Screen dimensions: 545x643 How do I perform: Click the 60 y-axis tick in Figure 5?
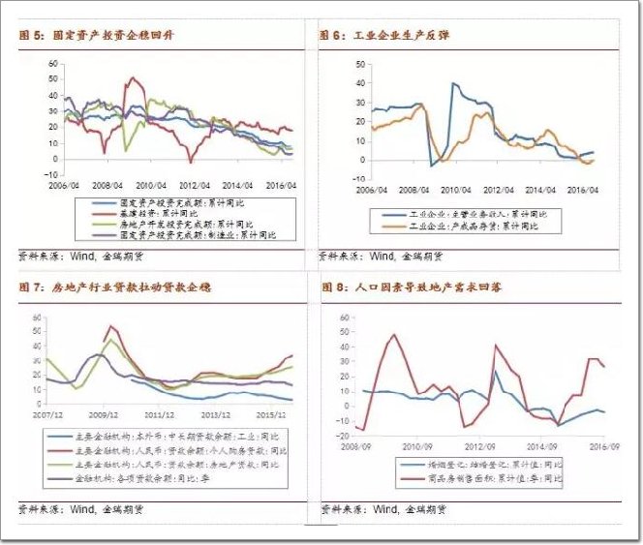click(x=54, y=63)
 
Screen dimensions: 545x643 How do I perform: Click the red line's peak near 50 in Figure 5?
click(x=132, y=78)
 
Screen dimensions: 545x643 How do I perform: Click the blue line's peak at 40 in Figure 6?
click(x=453, y=83)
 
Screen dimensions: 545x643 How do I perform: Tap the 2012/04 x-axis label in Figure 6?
click(x=499, y=190)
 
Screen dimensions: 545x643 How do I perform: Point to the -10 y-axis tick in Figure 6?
click(x=359, y=179)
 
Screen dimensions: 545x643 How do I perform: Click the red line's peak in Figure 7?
click(x=109, y=326)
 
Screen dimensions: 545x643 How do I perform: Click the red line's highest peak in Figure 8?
click(x=394, y=335)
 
